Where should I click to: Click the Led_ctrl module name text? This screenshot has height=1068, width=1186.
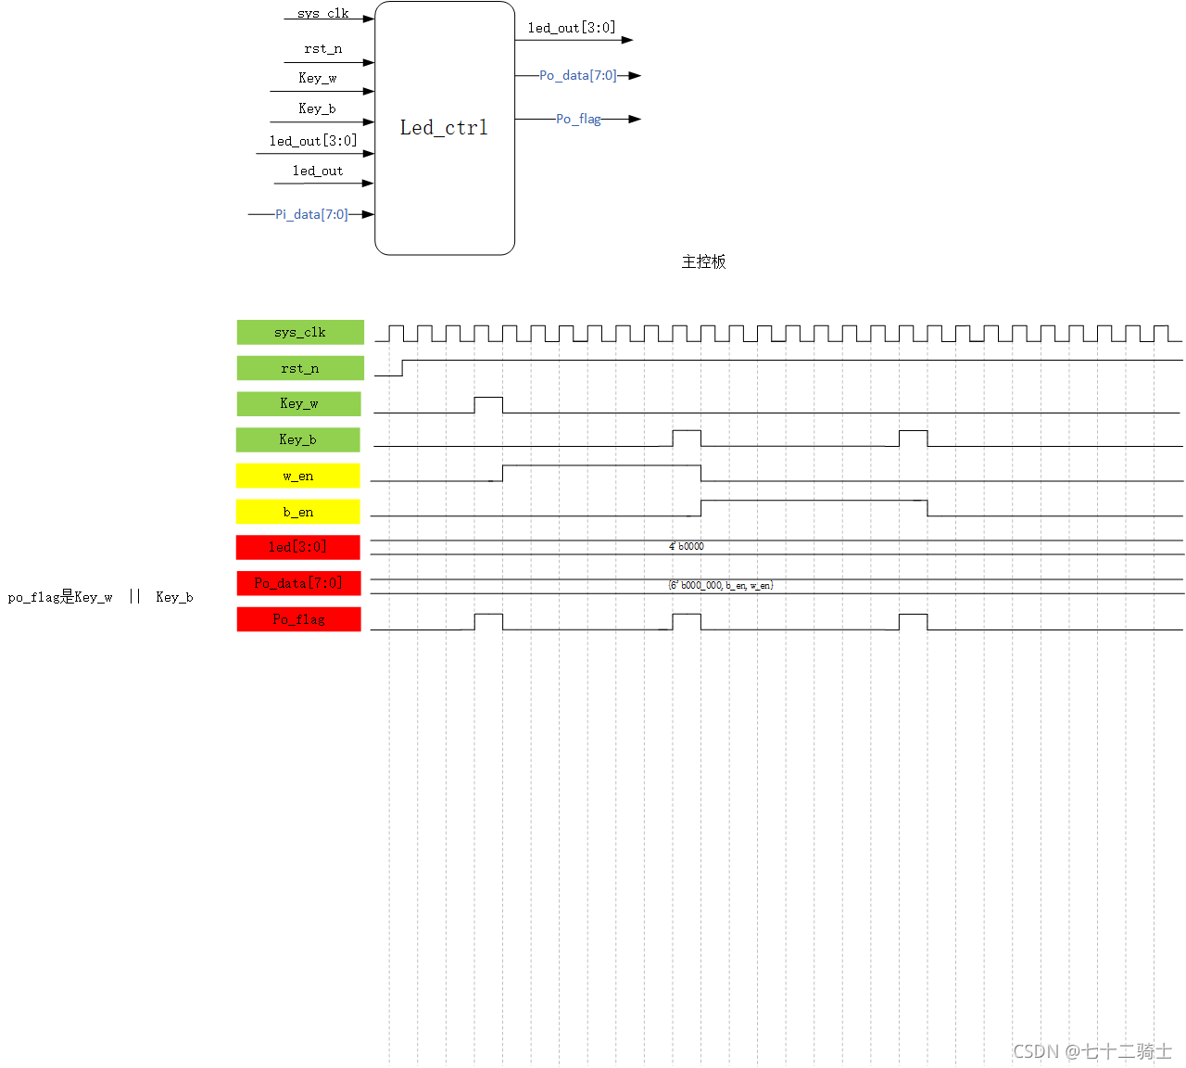click(444, 128)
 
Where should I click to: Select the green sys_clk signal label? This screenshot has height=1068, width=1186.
click(300, 332)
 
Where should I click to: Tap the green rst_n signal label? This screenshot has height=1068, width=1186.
click(300, 368)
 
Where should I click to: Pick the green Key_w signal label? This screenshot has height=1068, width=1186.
click(299, 403)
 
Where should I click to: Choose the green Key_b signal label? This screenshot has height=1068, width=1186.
click(298, 439)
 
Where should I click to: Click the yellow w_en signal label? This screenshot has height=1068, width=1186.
click(298, 476)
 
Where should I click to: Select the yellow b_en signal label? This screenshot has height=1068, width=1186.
click(298, 512)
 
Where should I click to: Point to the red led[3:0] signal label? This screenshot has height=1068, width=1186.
click(298, 547)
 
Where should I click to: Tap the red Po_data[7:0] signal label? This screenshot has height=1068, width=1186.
click(298, 583)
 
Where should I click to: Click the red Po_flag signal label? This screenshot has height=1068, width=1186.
click(298, 619)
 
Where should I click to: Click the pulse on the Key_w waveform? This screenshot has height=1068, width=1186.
click(488, 404)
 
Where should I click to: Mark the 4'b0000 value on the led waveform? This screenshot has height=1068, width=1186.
click(687, 547)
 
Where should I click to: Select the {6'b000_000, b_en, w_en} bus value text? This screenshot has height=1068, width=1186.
click(721, 586)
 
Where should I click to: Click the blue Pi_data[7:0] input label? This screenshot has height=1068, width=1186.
click(311, 214)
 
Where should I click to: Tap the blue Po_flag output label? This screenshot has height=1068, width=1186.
click(578, 119)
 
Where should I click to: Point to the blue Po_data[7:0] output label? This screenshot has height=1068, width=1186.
click(578, 75)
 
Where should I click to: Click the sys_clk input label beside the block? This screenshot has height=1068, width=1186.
click(323, 14)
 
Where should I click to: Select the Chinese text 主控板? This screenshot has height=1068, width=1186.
click(704, 261)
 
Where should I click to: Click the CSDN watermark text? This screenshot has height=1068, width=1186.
click(1092, 1051)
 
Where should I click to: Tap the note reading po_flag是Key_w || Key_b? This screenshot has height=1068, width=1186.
click(100, 597)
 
